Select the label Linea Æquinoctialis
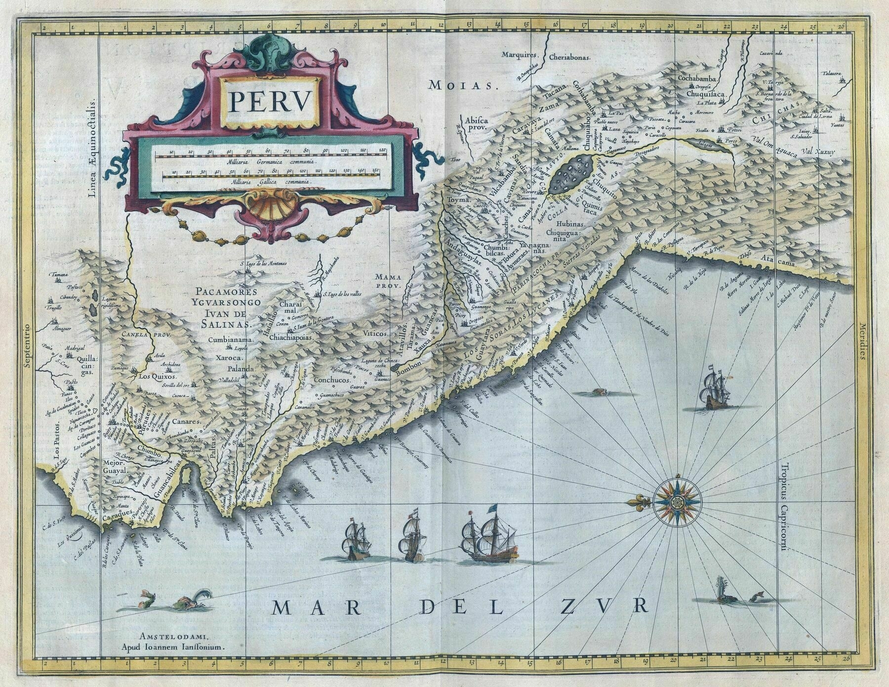coord(93,133)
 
